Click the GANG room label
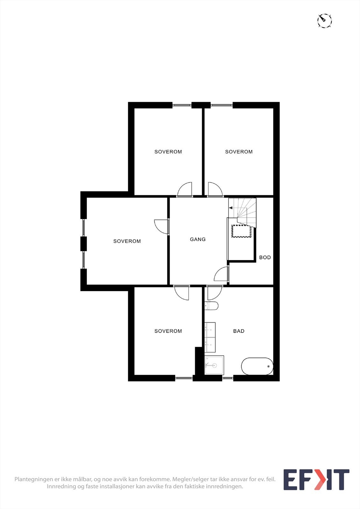pyautogui.click(x=198, y=239)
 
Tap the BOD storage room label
pyautogui.click(x=265, y=257)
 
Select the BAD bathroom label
pyautogui.click(x=239, y=331)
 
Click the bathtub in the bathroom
pyautogui.click(x=257, y=366)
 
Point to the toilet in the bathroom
pyautogui.click(x=212, y=306)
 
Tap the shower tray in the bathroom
pyautogui.click(x=214, y=365)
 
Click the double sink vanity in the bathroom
pyautogui.click(x=210, y=338)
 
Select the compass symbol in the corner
pyautogui.click(x=325, y=21)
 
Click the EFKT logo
pyautogui.click(x=316, y=480)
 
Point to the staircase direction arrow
pyautogui.click(x=231, y=208)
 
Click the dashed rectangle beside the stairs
pyautogui.click(x=242, y=231)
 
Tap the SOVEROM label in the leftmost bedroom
pyautogui.click(x=127, y=241)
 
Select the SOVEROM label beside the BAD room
pyautogui.click(x=168, y=331)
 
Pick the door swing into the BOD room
pyautogui.click(x=221, y=275)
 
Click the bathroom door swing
pyautogui.click(x=214, y=293)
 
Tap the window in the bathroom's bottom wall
pyautogui.click(x=227, y=378)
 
